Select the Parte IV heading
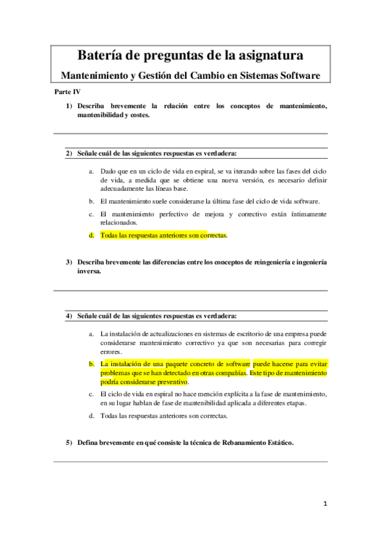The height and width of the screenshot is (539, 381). (67, 92)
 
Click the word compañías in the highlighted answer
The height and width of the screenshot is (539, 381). (230, 373)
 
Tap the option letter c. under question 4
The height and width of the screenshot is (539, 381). (93, 394)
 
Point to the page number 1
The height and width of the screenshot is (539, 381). (324, 504)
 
